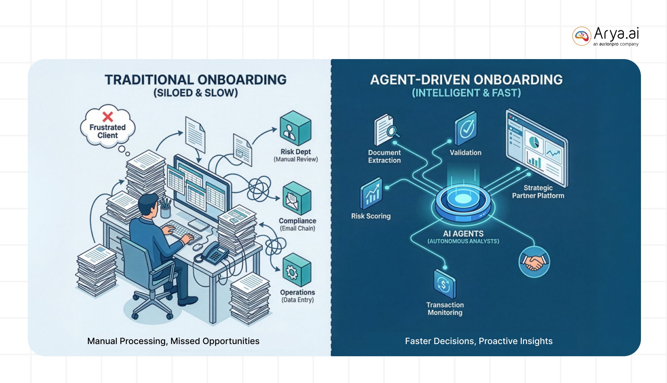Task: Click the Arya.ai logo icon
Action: [x=582, y=36]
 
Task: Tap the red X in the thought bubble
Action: [x=108, y=116]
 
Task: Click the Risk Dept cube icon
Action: [x=295, y=128]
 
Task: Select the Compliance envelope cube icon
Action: [x=297, y=198]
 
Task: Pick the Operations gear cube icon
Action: [x=296, y=270]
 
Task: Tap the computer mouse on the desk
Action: [x=198, y=247]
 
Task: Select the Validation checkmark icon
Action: [x=466, y=128]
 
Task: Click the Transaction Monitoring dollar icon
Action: [x=444, y=284]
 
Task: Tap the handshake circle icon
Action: [x=534, y=262]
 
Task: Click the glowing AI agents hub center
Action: [x=463, y=199]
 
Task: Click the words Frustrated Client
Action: [x=107, y=131]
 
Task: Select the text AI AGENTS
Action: [x=463, y=234]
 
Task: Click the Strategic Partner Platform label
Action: [x=538, y=192]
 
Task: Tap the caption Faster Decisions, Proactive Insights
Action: [x=478, y=341]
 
